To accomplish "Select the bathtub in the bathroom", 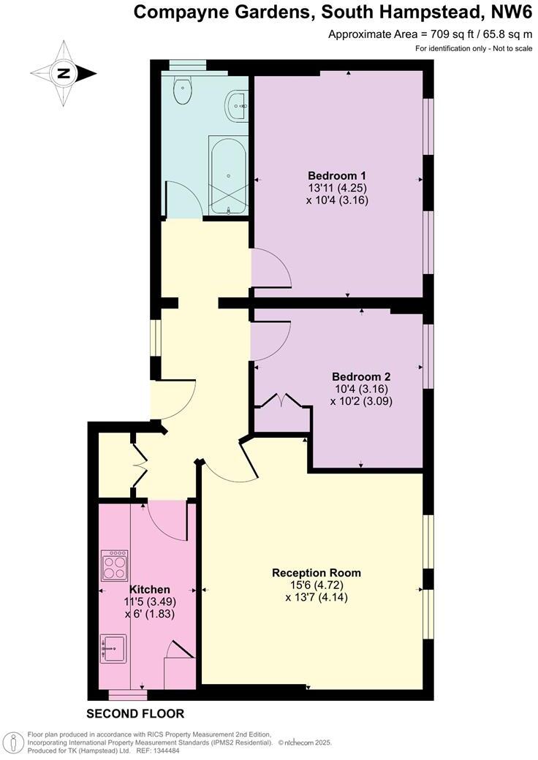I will [229, 175].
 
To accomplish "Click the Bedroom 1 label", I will [336, 175].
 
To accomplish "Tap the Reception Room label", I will [316, 572].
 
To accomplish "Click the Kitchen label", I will [150, 589].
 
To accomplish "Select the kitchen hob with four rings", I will [114, 565].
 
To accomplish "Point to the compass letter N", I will [64, 72].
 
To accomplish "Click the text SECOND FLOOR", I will [135, 713].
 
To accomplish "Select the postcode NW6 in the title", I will [512, 12].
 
